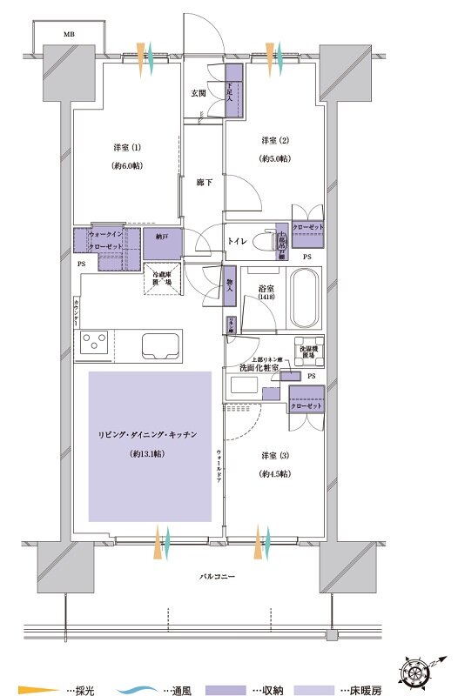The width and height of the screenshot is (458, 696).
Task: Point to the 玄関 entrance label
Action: click(x=199, y=94)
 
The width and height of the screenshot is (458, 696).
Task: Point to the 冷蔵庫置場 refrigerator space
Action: click(x=162, y=278)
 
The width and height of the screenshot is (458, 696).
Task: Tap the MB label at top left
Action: click(x=68, y=34)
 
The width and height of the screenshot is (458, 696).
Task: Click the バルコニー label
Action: click(x=217, y=577)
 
